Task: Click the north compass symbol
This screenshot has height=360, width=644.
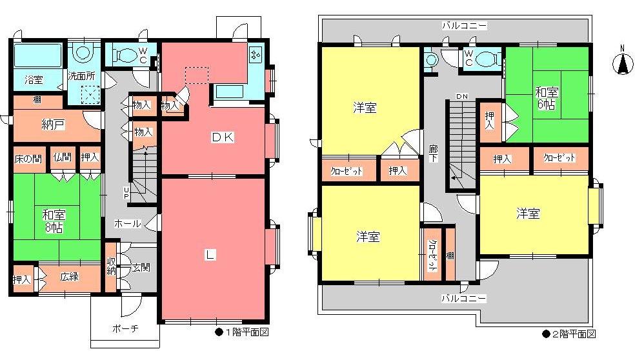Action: [623, 63]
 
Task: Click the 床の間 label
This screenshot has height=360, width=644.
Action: [29, 157]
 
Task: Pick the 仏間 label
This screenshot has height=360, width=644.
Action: [63, 157]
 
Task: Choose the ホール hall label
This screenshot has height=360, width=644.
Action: [128, 223]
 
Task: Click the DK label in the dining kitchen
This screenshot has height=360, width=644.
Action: [225, 137]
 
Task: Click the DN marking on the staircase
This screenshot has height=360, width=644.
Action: [461, 96]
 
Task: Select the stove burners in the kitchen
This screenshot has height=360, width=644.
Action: [256, 56]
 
